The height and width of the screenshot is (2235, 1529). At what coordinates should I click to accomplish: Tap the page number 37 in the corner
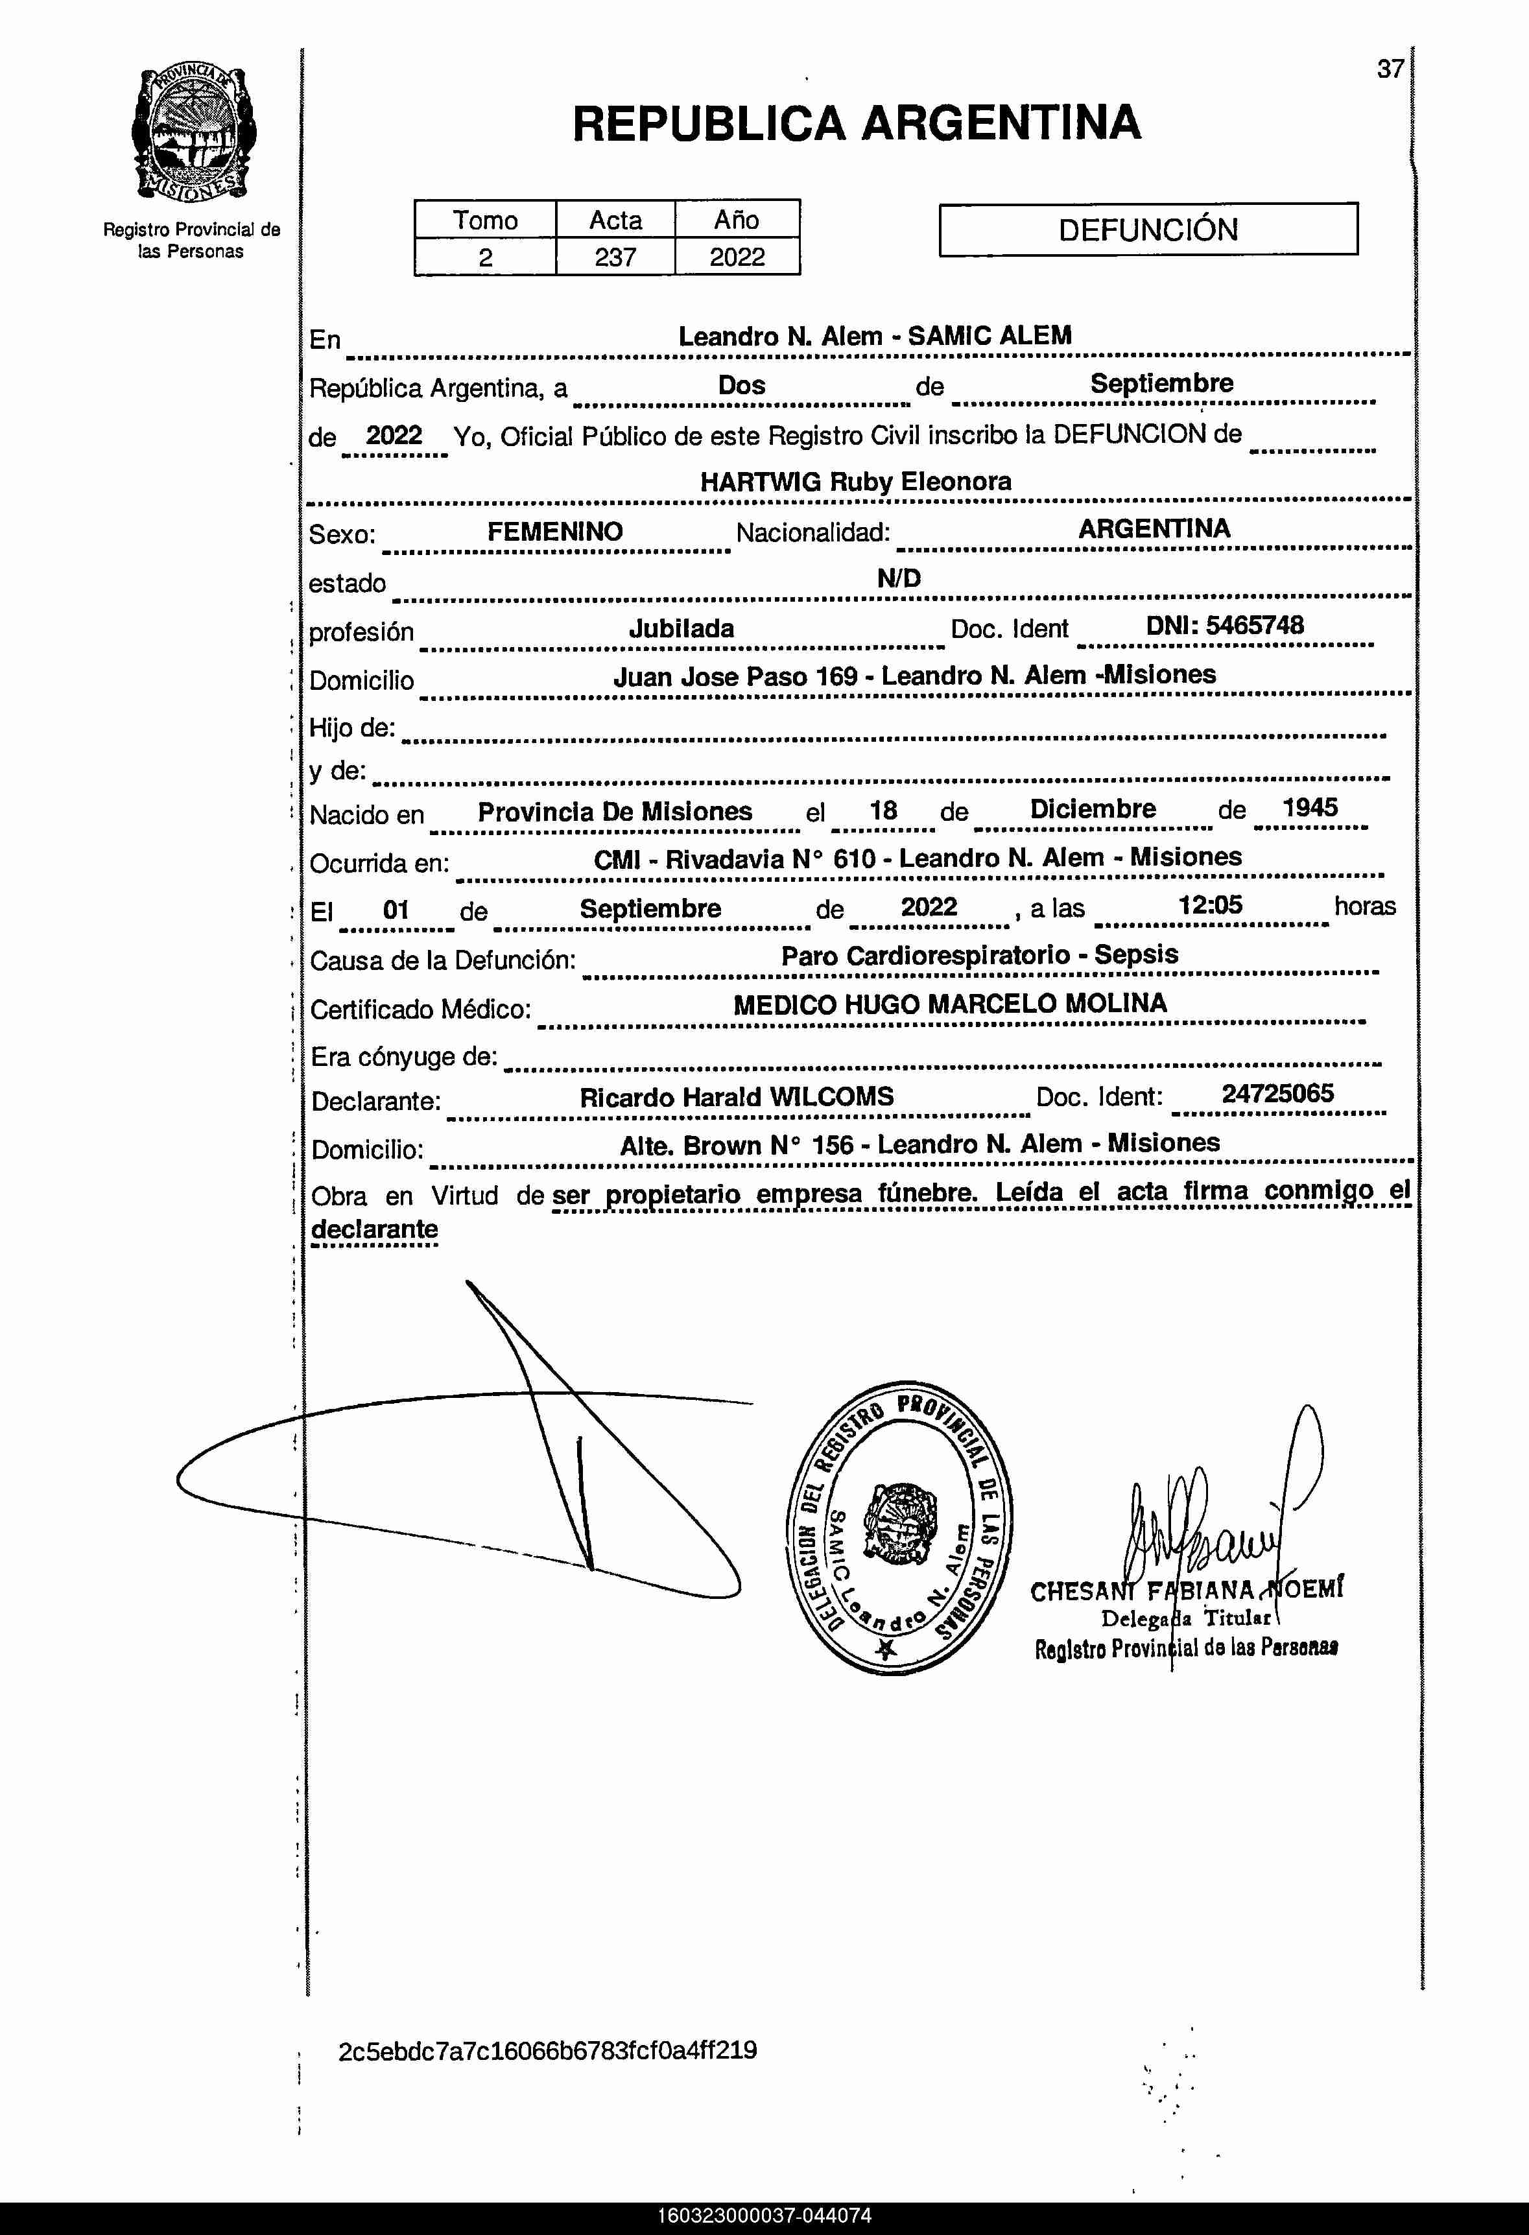point(1390,69)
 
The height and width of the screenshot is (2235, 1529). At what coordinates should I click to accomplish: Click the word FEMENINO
point(555,531)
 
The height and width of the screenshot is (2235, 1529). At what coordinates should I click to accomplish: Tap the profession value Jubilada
point(681,628)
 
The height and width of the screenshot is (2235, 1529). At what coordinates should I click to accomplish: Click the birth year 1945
point(1310,808)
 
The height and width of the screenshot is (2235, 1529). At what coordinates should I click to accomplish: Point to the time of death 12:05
point(1210,905)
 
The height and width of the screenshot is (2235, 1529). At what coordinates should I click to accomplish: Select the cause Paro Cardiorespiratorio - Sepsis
point(979,955)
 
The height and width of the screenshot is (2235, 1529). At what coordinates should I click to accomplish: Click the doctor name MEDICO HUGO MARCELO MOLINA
point(950,1004)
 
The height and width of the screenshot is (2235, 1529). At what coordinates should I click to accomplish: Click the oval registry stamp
point(899,1528)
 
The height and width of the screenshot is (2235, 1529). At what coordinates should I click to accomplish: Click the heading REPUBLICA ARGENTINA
point(856,124)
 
